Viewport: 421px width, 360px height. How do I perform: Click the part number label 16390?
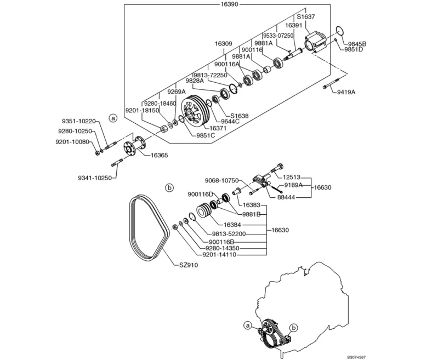tap(229, 4)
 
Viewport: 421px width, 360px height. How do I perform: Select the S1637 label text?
tap(305, 16)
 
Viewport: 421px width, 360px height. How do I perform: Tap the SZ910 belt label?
tap(189, 265)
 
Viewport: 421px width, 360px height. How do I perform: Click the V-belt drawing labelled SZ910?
tap(149, 228)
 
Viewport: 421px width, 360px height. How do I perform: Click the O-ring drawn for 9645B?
tap(340, 31)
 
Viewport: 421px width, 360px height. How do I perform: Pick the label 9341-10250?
tap(95, 178)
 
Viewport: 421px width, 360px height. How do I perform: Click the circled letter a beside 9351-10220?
tap(113, 118)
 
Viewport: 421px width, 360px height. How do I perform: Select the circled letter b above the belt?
tap(169, 187)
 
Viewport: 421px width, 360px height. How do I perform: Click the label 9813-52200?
tap(229, 234)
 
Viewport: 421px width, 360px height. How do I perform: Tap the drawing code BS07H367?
tap(356, 357)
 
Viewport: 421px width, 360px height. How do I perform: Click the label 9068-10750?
tap(222, 180)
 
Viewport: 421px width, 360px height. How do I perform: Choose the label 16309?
tap(224, 43)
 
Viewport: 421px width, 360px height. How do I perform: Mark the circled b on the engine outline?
tap(294, 328)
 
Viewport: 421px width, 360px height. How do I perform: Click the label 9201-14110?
tap(220, 254)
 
